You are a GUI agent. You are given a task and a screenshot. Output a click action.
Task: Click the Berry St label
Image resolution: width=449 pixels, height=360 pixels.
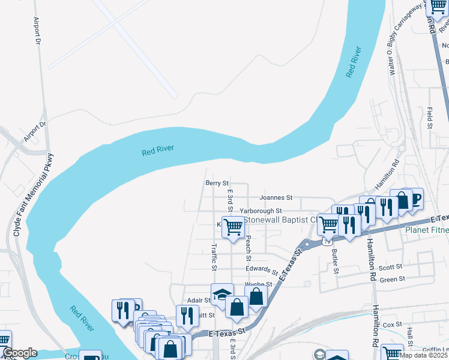pyautogui.click(x=217, y=183)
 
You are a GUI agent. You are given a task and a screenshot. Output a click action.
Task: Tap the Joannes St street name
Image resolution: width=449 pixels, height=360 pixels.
pyautogui.click(x=276, y=197)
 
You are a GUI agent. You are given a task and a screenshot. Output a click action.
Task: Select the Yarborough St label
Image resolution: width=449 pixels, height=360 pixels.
pyautogui.click(x=261, y=211)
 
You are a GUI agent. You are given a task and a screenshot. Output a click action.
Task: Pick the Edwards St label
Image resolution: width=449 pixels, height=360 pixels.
pyautogui.click(x=262, y=270)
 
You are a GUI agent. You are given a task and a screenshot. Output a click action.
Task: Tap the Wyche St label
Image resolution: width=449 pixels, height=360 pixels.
pyautogui.click(x=258, y=284)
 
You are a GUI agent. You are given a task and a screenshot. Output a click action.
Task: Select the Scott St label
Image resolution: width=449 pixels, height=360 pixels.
pyautogui.click(x=390, y=268)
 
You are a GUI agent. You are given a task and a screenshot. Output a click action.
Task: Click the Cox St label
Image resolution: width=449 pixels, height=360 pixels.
pyautogui.click(x=392, y=325)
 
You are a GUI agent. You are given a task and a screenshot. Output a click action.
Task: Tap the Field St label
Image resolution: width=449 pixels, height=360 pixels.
pyautogui.click(x=430, y=118)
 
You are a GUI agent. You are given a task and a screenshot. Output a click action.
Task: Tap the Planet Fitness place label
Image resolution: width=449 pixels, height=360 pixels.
pyautogui.click(x=427, y=230)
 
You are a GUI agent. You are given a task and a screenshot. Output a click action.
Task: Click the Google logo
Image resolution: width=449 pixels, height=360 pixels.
pyautogui.click(x=20, y=353)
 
